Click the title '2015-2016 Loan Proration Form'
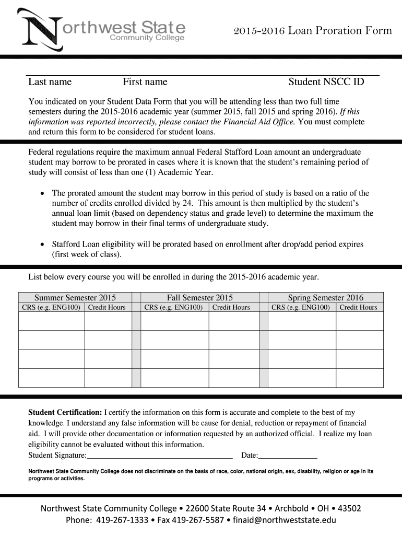(x=312, y=30)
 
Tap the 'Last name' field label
(x=50, y=82)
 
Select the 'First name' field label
(x=145, y=82)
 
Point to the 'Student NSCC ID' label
(x=326, y=82)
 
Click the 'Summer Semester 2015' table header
(x=75, y=297)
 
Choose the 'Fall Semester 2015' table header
(x=200, y=297)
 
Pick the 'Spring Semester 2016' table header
(x=326, y=297)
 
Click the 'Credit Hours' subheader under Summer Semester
(x=107, y=307)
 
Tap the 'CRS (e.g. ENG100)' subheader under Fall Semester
(x=174, y=307)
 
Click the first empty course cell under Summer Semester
(x=51, y=321)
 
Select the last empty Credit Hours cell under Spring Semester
(x=359, y=378)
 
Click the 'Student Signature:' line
(x=160, y=455)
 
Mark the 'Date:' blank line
(x=288, y=455)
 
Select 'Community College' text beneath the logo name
(x=147, y=38)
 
